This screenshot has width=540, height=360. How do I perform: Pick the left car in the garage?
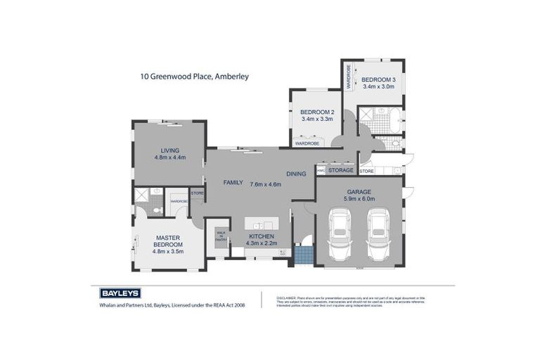tap(339, 233)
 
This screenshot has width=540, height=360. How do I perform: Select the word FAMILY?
tap(233, 182)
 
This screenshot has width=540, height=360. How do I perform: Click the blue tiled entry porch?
tap(303, 254)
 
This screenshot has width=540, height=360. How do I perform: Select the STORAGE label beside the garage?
tap(340, 170)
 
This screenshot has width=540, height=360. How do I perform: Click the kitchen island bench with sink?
tap(262, 224)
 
